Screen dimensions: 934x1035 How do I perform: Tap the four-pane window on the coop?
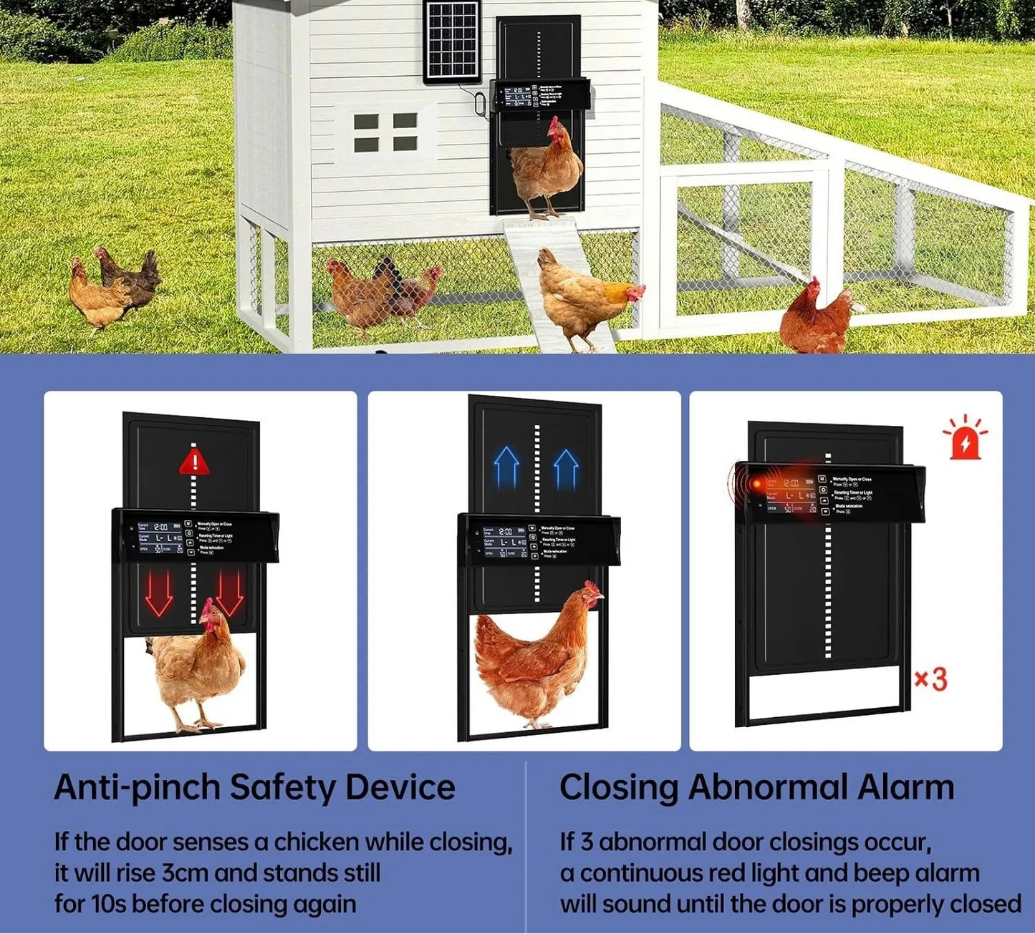coord(385,132)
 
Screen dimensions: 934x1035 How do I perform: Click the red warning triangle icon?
coord(194,461)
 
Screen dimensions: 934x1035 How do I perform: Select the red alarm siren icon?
coord(965,438)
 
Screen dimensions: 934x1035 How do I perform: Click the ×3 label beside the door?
coord(930,678)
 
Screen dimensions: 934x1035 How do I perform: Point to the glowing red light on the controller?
coord(756,485)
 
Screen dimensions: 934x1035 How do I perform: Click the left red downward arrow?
coord(159,593)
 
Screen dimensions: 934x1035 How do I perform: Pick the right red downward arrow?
coord(231,593)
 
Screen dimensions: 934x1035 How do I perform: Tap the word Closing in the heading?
coord(618,787)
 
